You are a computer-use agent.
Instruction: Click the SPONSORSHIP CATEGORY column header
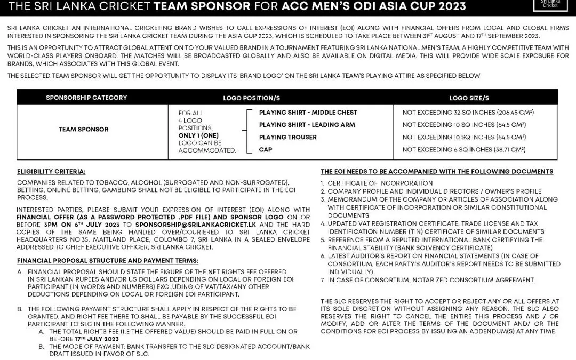tap(86, 98)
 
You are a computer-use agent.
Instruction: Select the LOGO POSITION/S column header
tap(251, 98)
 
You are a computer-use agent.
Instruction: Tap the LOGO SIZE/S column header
tap(469, 98)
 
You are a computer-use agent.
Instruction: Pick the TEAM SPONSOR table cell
tap(83, 129)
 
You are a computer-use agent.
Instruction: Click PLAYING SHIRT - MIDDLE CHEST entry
tap(308, 113)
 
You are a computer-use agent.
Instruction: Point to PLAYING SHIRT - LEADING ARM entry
tap(307, 125)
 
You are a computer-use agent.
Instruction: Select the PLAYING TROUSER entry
tap(287, 137)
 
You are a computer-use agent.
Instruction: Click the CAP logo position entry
tap(265, 150)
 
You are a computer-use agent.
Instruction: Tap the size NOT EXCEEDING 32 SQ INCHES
tap(468, 113)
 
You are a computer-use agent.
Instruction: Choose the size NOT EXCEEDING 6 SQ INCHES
tap(463, 150)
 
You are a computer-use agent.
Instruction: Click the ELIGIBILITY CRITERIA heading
tap(51, 172)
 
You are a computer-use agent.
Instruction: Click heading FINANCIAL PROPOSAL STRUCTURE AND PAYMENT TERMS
tap(107, 261)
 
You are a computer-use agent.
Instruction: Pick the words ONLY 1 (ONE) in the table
tap(197, 135)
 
